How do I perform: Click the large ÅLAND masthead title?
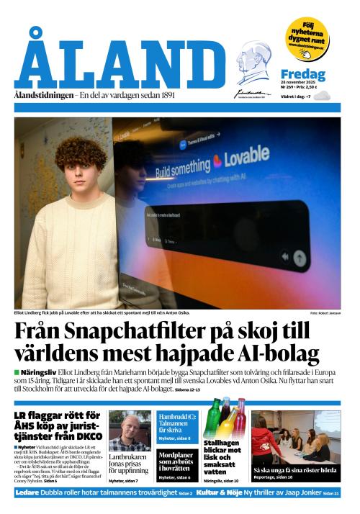pyautogui.click(x=119, y=62)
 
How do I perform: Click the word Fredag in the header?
pyautogui.click(x=302, y=75)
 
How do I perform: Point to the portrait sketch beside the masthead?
pyautogui.click(x=253, y=63)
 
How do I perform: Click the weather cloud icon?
pyautogui.click(x=321, y=96)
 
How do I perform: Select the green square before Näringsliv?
pyautogui.click(x=17, y=372)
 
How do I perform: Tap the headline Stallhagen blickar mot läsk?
pyautogui.click(x=224, y=457)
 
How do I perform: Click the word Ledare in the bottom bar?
pyautogui.click(x=27, y=493)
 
